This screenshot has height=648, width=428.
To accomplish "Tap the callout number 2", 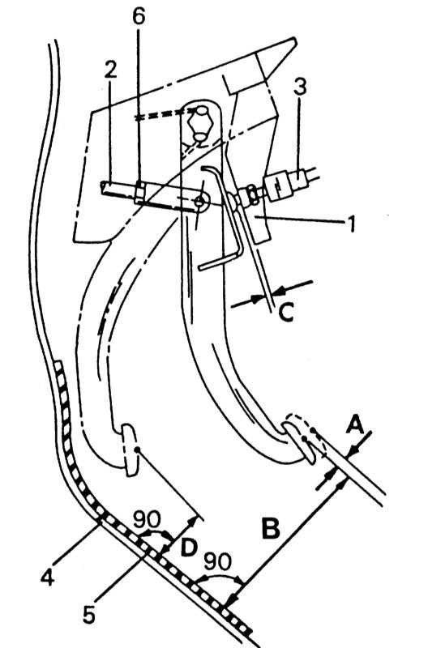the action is click(110, 70).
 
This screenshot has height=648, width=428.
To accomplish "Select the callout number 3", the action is click(300, 87).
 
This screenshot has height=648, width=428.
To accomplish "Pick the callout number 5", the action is click(89, 614).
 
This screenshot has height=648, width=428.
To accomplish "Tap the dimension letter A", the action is click(355, 424).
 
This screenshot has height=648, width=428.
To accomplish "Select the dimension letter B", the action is click(271, 528).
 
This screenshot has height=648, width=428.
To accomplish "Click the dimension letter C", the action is click(286, 312).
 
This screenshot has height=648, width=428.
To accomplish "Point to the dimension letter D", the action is click(189, 548).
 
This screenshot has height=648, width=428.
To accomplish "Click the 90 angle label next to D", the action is click(148, 519).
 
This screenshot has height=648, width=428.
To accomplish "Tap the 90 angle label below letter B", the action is click(218, 561).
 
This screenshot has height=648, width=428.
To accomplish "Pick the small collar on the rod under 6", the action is click(139, 193).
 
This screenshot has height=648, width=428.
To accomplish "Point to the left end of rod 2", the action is click(103, 187).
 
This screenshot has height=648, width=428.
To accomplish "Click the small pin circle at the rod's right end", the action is click(199, 201).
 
